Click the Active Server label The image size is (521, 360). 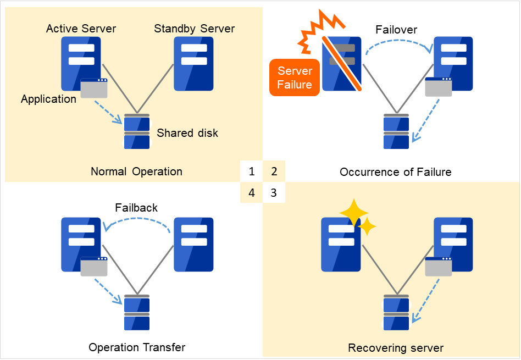tap(81, 29)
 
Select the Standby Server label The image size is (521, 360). tap(194, 29)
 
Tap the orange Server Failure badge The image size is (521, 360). tap(295, 77)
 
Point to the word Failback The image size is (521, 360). tap(136, 208)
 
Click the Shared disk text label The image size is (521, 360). tap(187, 133)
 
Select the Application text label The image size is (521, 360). tap(48, 99)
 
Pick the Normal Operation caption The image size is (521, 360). tap(136, 171)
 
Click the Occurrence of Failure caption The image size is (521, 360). tap(395, 172)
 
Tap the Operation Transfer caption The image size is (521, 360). tap(137, 347)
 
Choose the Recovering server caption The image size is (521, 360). tap(396, 348)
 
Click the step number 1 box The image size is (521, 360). tap(252, 171)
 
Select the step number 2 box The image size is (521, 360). tap(274, 171)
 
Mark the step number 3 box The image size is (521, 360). tap(274, 193)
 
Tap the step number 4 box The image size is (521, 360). tap(252, 193)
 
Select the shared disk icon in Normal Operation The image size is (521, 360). tap(137, 132)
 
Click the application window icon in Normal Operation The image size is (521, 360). tap(94, 88)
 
